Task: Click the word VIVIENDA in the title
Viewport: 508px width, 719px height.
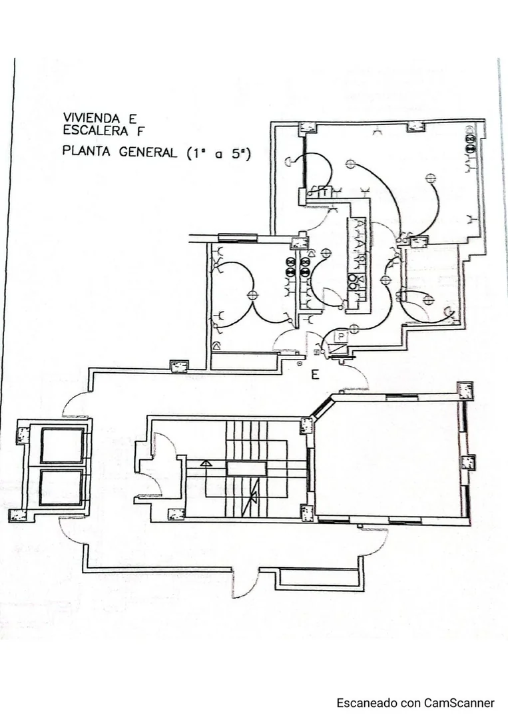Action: coord(91,119)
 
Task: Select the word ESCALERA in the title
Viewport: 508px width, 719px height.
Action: coord(95,130)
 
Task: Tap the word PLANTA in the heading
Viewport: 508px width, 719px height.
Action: coord(86,151)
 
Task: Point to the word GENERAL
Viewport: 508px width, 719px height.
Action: coord(148,152)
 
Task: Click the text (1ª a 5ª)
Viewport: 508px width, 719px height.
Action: coord(219,154)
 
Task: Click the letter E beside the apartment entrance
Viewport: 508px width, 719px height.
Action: coord(315,375)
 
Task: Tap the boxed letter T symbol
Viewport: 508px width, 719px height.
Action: coord(325,193)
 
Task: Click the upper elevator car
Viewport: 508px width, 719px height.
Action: coord(62,445)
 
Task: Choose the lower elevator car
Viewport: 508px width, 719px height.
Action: coord(61,487)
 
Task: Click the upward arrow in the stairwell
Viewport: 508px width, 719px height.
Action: coord(206,463)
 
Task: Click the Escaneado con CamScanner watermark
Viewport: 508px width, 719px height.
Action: coord(415,703)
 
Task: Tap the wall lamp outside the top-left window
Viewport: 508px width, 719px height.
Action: coord(289,161)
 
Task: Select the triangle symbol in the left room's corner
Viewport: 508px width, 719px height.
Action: coord(216,346)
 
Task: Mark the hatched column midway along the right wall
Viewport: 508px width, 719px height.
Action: coord(467,462)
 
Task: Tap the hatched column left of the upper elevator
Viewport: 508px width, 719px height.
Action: coord(23,435)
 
